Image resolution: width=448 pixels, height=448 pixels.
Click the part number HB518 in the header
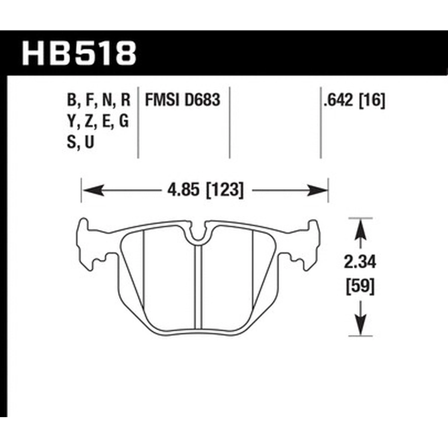(x=79, y=53)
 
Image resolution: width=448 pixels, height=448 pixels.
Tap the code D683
(x=202, y=100)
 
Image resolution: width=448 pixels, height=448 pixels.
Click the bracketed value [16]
(x=372, y=100)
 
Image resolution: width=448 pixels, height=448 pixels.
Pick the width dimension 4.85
(x=183, y=189)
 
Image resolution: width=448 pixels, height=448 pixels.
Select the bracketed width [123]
(x=225, y=190)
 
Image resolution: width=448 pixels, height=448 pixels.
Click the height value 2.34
(x=360, y=262)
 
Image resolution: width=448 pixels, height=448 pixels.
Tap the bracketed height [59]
(x=360, y=286)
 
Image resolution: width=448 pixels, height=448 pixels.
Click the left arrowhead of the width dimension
(x=93, y=190)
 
